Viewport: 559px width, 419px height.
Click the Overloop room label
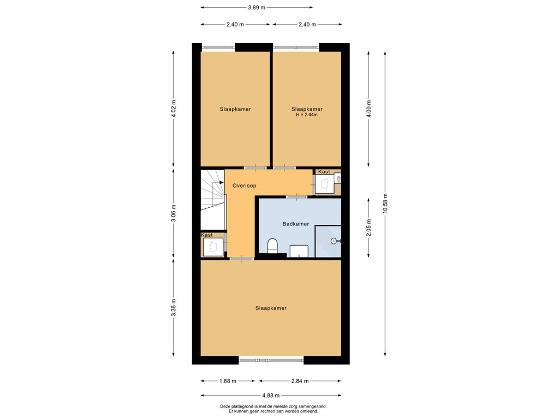244,185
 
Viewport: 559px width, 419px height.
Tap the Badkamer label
295,224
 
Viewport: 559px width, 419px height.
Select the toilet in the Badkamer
272,246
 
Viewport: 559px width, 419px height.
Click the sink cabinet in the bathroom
299,251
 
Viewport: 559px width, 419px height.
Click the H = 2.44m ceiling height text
307,115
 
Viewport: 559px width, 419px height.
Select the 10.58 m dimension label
385,203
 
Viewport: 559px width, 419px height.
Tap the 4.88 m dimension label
271,395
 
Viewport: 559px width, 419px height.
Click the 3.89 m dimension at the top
257,7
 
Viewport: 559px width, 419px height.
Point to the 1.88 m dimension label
228,381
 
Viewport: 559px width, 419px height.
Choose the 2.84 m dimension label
300,381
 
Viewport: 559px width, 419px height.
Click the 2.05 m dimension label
368,228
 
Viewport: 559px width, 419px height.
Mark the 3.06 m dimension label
174,213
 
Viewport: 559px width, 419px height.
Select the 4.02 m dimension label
174,109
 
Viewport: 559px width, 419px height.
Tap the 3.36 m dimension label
174,308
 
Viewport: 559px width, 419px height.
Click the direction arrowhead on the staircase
222,182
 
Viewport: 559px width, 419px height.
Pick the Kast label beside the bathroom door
324,172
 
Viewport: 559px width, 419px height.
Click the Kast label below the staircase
207,235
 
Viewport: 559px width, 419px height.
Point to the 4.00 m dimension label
368,109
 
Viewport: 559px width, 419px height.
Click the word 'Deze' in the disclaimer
225,406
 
